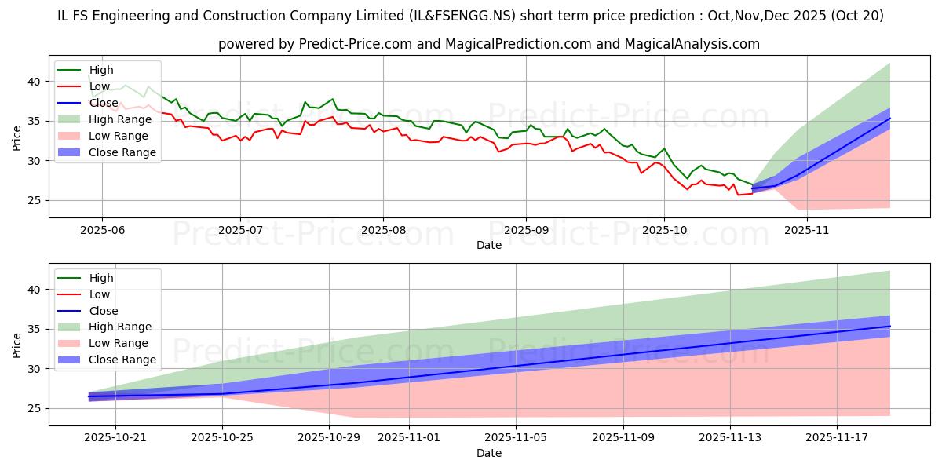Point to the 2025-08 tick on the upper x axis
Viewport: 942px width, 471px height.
pos(383,230)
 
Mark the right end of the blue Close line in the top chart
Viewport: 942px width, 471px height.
pos(889,119)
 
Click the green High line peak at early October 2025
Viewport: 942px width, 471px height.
pos(664,148)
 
